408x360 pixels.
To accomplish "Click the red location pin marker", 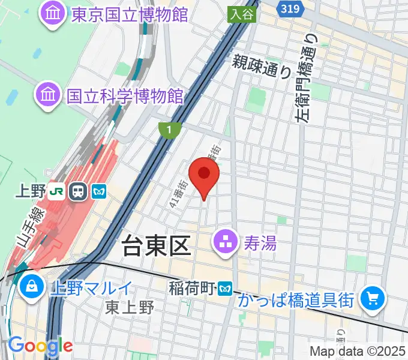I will click(x=204, y=175).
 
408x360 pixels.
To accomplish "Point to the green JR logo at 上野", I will click(x=58, y=191).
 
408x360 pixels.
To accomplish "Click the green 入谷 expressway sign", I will click(x=242, y=15).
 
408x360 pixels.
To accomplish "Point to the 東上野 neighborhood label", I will click(x=130, y=307).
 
